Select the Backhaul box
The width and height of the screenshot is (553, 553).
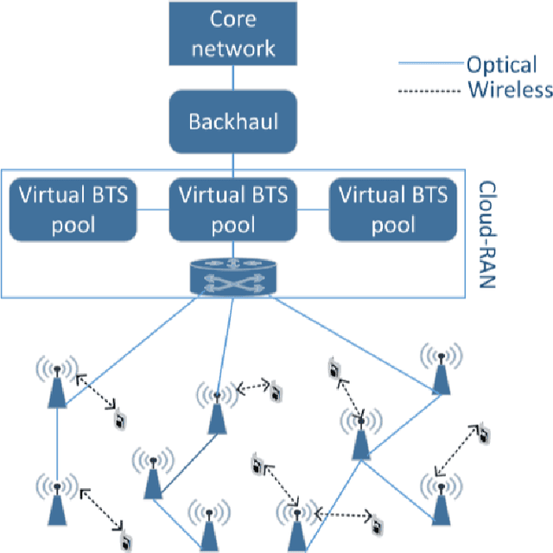(x=233, y=120)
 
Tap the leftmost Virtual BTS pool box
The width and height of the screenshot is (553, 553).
(x=73, y=209)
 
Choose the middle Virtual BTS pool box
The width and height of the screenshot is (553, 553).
(x=233, y=209)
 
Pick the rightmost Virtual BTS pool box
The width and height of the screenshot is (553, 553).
(x=392, y=209)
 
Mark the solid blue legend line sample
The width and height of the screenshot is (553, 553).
(x=430, y=64)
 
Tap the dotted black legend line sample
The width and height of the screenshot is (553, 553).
(x=430, y=90)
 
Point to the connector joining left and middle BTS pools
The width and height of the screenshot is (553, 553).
(x=153, y=209)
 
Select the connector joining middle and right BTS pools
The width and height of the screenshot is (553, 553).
(x=313, y=209)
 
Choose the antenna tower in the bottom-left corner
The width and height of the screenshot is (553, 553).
(x=56, y=501)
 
